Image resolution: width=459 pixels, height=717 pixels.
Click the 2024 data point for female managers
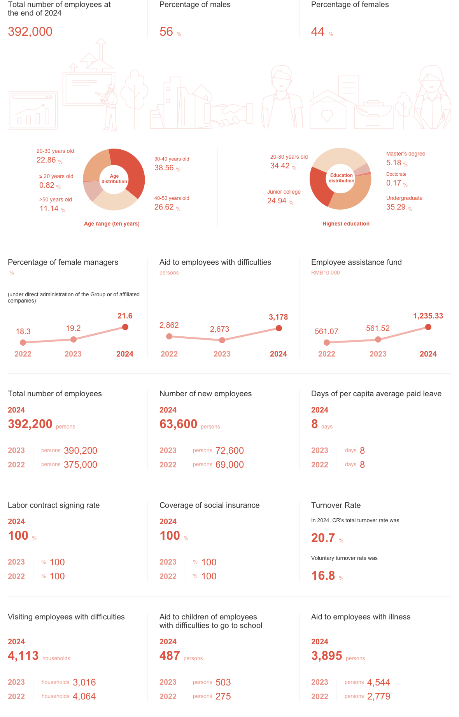click(125, 327)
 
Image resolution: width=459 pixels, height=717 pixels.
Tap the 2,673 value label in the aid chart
click(219, 329)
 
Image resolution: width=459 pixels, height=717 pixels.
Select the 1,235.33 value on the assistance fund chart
click(428, 316)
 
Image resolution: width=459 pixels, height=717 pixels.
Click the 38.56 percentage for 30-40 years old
click(164, 168)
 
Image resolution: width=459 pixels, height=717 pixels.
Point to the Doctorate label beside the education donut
click(396, 174)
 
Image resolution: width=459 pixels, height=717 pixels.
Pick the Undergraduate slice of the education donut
click(352, 194)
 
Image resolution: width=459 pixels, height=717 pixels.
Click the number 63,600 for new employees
click(178, 424)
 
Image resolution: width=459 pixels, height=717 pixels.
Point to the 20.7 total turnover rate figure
click(323, 538)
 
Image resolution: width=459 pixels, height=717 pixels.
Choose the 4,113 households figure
click(23, 656)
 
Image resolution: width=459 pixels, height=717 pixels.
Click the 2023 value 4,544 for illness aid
click(378, 682)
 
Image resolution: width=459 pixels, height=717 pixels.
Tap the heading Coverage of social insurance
click(209, 505)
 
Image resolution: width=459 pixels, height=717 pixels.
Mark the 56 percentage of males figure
click(166, 32)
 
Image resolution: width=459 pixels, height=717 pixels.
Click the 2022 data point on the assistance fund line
click(327, 342)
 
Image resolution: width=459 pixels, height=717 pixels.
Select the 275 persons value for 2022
click(223, 696)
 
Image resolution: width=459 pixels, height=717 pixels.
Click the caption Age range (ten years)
click(112, 224)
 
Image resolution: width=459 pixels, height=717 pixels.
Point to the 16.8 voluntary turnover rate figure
click(323, 575)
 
